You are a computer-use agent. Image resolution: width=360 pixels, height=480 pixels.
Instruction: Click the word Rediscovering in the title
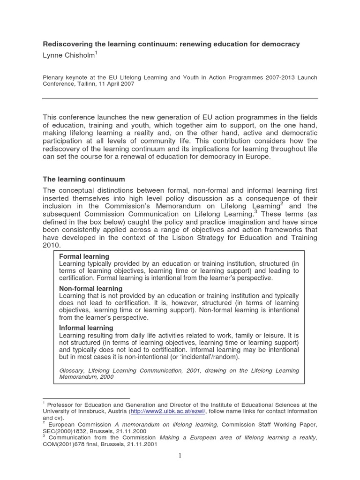(x=65, y=44)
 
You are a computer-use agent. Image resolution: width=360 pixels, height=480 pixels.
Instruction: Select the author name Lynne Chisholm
(x=68, y=56)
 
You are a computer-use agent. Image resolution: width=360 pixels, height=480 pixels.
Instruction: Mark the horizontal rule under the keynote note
(x=180, y=98)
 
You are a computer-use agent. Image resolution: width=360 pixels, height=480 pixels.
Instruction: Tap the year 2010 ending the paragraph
(x=52, y=246)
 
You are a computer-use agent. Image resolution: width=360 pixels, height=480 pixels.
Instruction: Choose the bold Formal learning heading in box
(x=84, y=256)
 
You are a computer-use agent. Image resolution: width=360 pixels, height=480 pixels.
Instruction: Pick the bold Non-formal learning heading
(x=90, y=288)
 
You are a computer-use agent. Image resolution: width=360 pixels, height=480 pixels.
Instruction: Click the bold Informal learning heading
(x=86, y=328)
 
